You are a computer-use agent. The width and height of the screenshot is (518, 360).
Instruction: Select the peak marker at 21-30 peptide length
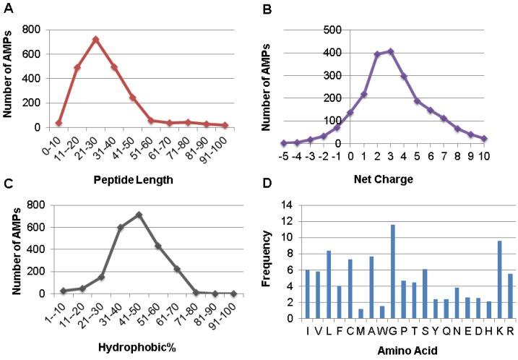pos(95,39)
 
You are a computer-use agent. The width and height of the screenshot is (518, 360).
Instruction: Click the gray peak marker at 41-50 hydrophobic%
pos(139,215)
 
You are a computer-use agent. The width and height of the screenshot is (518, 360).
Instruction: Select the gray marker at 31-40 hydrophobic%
pos(120,228)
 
